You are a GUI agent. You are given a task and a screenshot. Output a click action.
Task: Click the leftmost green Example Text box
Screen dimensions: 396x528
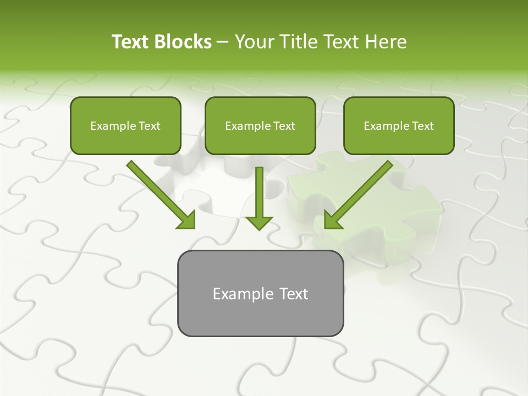click(x=125, y=126)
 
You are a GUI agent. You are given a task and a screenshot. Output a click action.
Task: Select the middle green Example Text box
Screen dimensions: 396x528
click(x=260, y=126)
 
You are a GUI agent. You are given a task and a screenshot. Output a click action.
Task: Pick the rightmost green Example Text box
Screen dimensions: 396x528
click(x=399, y=126)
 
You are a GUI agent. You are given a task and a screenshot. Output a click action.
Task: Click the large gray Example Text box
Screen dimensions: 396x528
click(x=260, y=293)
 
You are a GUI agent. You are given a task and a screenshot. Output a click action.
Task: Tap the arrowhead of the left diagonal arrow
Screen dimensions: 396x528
click(x=186, y=220)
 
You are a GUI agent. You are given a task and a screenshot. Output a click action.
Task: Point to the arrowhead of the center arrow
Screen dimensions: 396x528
click(x=259, y=222)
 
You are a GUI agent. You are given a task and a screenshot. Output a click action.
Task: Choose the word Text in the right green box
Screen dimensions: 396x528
click(x=423, y=126)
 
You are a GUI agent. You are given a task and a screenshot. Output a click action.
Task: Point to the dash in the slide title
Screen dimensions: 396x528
click(x=223, y=42)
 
